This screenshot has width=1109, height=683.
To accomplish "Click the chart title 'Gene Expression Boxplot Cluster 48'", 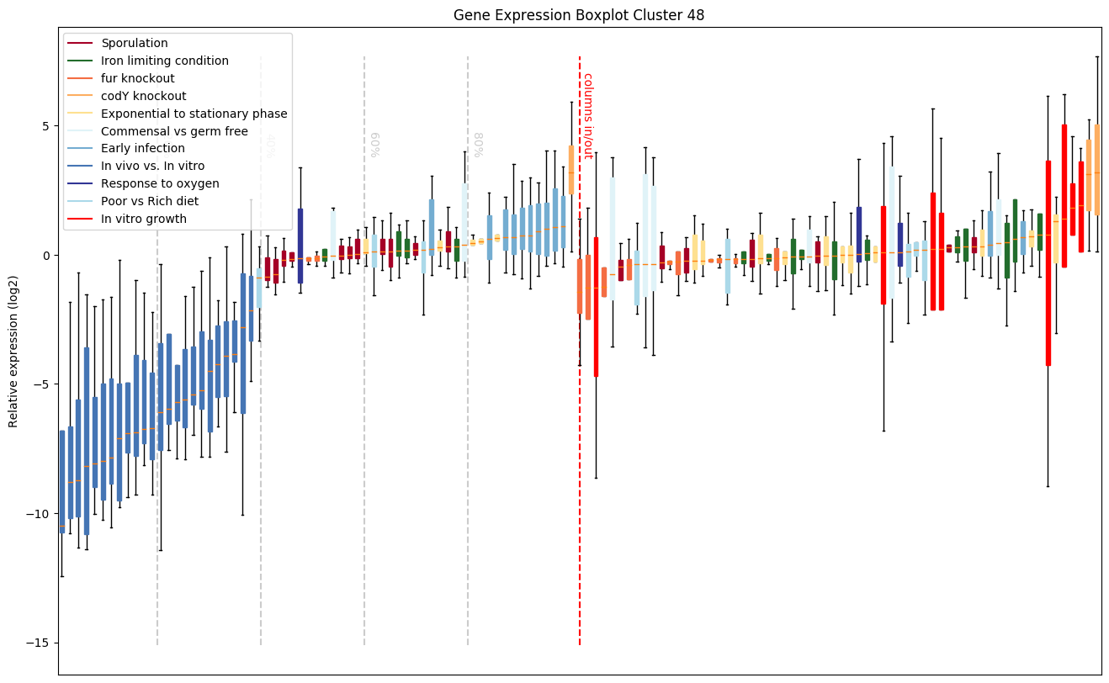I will (579, 15).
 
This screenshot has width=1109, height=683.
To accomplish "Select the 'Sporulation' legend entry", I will (134, 43).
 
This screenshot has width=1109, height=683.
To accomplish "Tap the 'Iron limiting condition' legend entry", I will (164, 61).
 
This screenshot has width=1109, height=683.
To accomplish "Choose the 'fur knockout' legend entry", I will (137, 78).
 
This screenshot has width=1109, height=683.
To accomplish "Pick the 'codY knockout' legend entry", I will (143, 96).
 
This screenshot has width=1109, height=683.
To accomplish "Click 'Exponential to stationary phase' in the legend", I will (194, 114).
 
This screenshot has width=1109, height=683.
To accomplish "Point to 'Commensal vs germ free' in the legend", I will (174, 131).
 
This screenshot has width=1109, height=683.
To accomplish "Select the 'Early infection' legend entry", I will (144, 149).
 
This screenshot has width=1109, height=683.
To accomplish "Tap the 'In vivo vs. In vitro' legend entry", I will (152, 167).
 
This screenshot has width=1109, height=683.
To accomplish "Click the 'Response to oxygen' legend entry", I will (160, 184).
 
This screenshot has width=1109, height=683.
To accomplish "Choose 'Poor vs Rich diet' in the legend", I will (150, 202).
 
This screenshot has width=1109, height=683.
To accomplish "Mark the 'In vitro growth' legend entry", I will (143, 220).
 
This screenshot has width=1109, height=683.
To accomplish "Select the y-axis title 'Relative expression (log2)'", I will (14, 351).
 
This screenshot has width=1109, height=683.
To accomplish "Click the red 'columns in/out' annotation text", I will (587, 115).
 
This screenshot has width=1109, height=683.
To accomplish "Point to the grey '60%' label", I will (374, 145).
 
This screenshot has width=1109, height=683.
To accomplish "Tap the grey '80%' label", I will (477, 145).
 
